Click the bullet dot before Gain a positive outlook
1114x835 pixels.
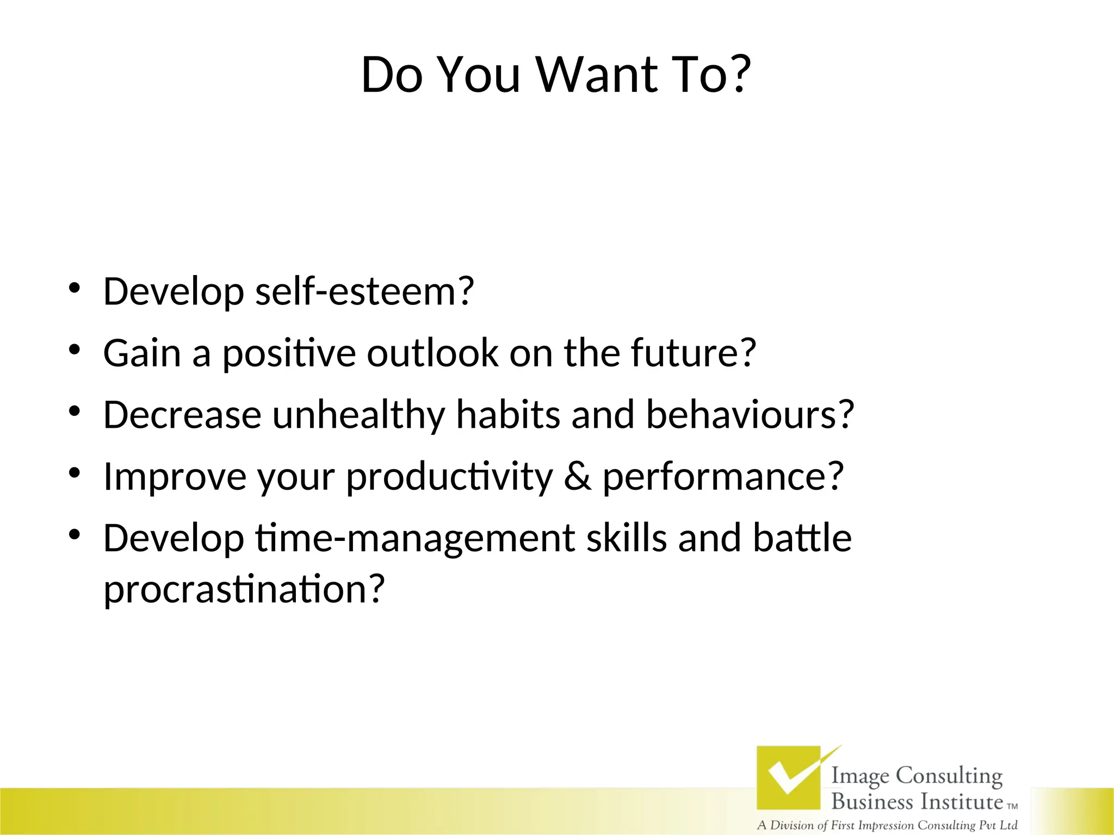75,349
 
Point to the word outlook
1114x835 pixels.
432,353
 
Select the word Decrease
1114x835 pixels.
182,414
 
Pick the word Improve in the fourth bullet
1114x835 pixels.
175,477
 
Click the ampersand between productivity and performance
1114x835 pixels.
577,476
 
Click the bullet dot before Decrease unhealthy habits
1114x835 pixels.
75,411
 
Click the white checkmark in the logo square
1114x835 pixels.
789,776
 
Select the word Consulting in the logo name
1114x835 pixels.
949,776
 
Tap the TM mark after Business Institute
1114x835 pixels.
1012,807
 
